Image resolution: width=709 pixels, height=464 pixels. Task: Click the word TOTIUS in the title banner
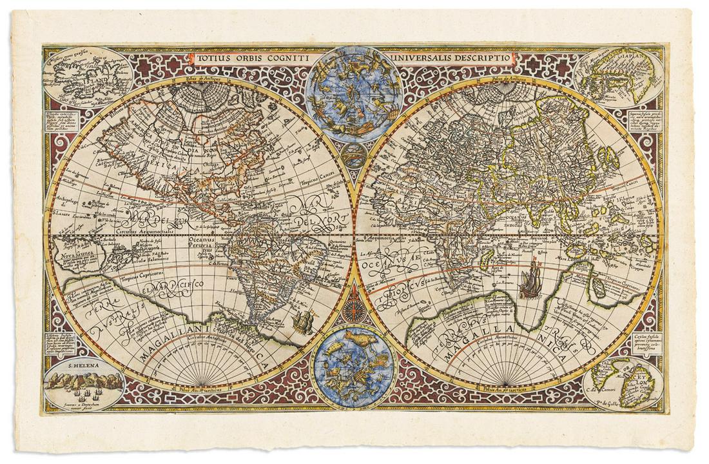point(214,57)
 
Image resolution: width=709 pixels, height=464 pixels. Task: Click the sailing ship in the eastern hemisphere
point(529,281)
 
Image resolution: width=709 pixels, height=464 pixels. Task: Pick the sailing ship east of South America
point(302,320)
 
